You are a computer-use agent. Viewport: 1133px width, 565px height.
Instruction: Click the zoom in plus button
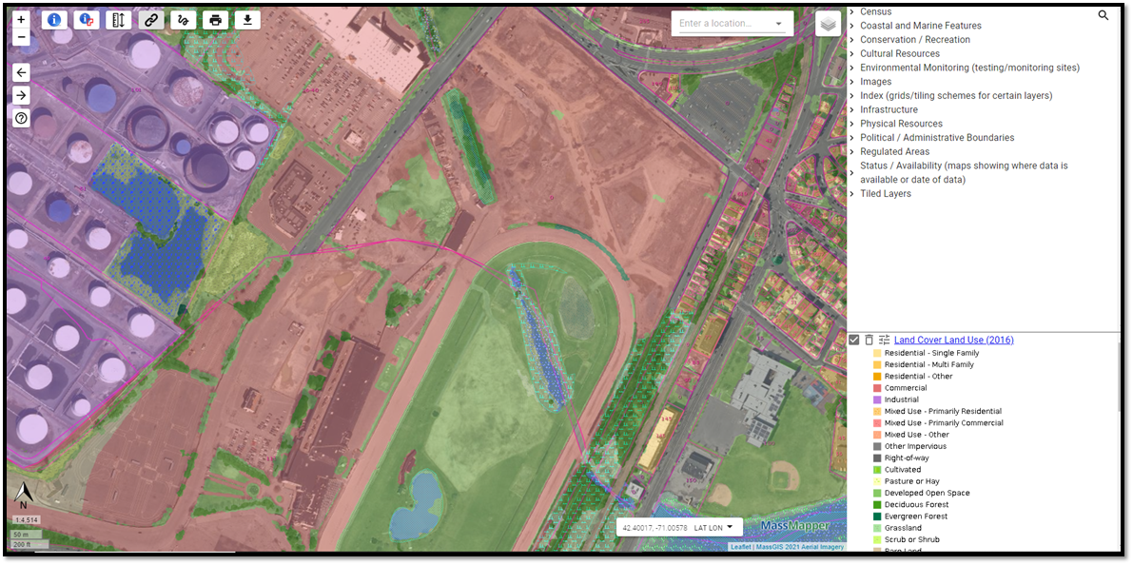click(21, 19)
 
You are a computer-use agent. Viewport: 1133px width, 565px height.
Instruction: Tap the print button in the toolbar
click(215, 20)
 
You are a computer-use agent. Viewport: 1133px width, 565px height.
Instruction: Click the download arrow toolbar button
click(247, 20)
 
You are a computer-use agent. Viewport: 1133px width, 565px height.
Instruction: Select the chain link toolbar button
click(150, 20)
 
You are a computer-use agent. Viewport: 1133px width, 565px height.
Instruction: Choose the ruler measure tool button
click(118, 20)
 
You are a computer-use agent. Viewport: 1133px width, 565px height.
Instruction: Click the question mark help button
click(21, 118)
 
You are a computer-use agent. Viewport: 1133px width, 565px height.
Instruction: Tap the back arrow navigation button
click(21, 72)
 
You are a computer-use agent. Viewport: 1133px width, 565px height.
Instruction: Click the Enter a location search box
click(723, 24)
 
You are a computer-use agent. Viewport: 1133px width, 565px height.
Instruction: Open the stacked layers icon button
click(828, 24)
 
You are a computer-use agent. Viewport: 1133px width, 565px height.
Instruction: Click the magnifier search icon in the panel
click(1104, 15)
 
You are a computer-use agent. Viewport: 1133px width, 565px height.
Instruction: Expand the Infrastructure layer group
click(889, 109)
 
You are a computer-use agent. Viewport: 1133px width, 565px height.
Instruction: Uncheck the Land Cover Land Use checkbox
click(854, 340)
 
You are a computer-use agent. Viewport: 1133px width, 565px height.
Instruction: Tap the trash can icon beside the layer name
click(869, 340)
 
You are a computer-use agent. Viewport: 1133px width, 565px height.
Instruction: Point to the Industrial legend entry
click(901, 399)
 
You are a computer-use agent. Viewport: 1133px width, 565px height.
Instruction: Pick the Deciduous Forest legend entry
click(915, 504)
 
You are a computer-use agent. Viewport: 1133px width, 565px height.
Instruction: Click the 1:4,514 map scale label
click(26, 520)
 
